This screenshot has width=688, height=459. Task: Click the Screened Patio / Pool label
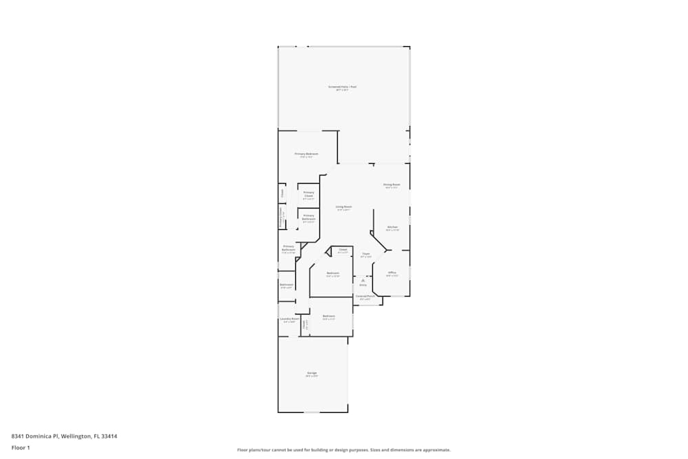[x=342, y=87]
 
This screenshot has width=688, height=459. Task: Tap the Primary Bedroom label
[x=306, y=154]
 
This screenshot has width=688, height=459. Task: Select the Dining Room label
[x=391, y=185]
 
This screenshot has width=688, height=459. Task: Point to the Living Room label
[x=344, y=207]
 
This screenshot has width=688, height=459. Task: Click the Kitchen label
[x=392, y=227]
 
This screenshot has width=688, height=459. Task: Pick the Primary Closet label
[x=308, y=194]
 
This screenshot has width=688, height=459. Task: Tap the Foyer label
[x=366, y=255]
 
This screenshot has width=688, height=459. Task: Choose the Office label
[x=392, y=273]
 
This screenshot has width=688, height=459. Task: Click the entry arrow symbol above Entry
[x=363, y=280]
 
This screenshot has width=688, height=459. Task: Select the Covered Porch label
[x=365, y=297]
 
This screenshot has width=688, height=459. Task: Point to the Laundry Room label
[x=289, y=319]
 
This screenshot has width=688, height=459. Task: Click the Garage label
[x=312, y=374]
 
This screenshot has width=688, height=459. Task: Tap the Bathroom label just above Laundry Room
[x=286, y=285]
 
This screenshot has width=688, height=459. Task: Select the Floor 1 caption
[x=21, y=447]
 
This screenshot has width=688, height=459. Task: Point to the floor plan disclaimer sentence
[x=344, y=450]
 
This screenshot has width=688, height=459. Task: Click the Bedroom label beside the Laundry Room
[x=329, y=317]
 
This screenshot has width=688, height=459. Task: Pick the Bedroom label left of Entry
[x=333, y=274]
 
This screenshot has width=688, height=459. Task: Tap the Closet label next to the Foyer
[x=343, y=250]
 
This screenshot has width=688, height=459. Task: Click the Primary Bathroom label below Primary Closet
[x=308, y=217]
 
